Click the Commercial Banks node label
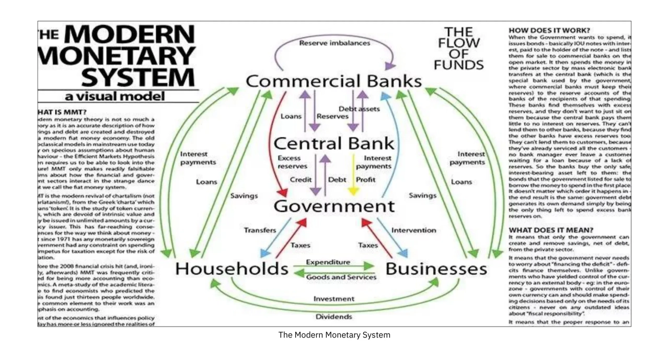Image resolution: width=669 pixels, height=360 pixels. pyautogui.click(x=333, y=82)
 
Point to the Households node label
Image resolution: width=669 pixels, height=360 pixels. pyautogui.click(x=232, y=269)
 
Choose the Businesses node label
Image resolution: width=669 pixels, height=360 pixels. pyautogui.click(x=436, y=269)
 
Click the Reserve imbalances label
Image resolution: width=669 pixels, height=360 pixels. pyautogui.click(x=334, y=43)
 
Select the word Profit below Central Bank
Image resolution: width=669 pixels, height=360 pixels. pyautogui.click(x=365, y=180)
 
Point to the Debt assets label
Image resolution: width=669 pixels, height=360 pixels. pyautogui.click(x=359, y=109)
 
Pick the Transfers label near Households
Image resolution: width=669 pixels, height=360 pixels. pyautogui.click(x=260, y=230)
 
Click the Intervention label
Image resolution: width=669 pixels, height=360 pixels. pyautogui.click(x=413, y=230)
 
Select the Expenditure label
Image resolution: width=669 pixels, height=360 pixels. pyautogui.click(x=328, y=262)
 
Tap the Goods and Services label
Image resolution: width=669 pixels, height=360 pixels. pyautogui.click(x=341, y=277)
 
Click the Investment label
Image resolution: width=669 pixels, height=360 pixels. pyautogui.click(x=333, y=299)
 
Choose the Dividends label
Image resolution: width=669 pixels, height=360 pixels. pyautogui.click(x=333, y=317)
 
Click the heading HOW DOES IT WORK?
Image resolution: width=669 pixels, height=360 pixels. pyautogui.click(x=549, y=30)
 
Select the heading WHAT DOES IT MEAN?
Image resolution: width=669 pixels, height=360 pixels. pyautogui.click(x=551, y=230)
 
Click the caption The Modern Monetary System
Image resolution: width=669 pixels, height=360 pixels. pyautogui.click(x=334, y=335)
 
